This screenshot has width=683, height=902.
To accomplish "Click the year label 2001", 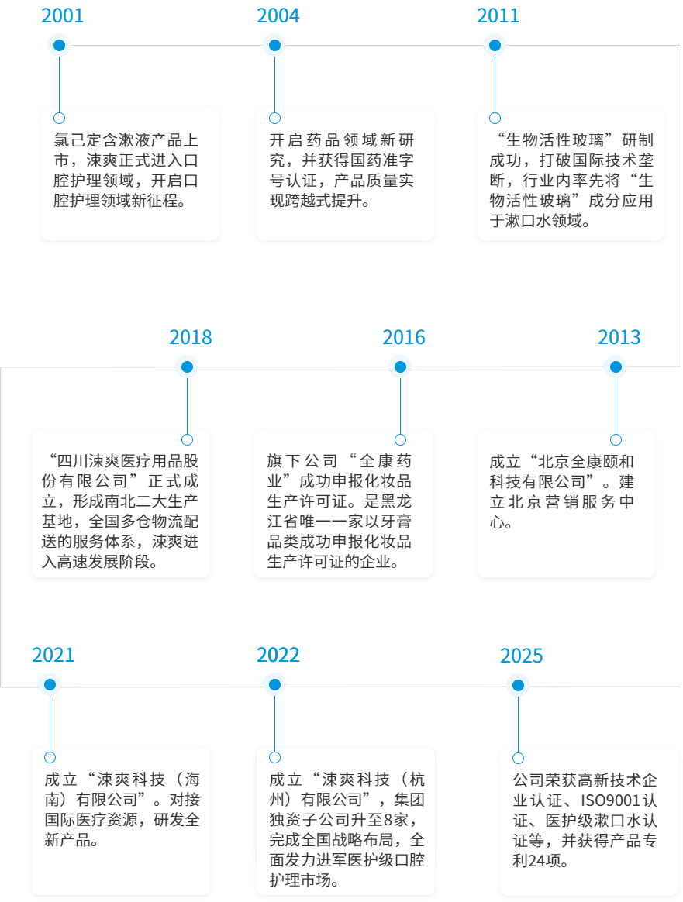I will tap(62, 15).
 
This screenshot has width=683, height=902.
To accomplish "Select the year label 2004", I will tap(278, 15).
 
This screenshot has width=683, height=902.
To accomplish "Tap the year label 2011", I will tap(498, 15).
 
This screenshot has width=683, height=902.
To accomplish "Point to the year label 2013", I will tap(619, 337).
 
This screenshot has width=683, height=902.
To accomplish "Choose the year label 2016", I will tap(403, 337).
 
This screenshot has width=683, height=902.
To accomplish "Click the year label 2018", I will tap(190, 337).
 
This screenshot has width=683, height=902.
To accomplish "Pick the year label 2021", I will tap(53, 655).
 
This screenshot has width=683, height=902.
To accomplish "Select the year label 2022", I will tap(278, 655).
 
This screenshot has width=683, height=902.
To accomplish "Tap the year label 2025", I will tap(521, 656).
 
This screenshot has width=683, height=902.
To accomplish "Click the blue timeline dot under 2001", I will tap(59, 46).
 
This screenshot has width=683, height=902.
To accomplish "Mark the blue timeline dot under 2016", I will tap(400, 367).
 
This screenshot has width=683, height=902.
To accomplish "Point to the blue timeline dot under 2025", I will tap(518, 685).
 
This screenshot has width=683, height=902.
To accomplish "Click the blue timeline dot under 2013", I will tap(616, 367).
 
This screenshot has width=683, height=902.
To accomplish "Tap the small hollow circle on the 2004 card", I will tap(274, 118).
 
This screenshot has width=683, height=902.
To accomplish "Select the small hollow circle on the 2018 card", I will tap(187, 439).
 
